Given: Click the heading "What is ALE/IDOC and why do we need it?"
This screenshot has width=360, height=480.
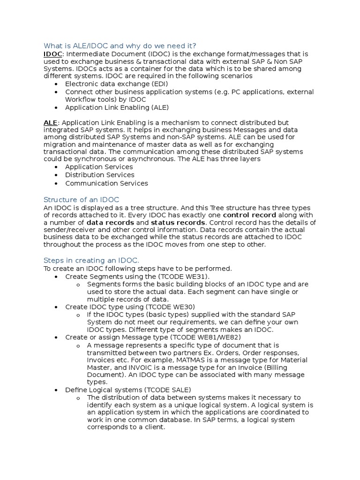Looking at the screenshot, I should click(x=120, y=45).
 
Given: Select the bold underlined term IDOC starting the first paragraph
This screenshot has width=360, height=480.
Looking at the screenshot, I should click(x=52, y=54).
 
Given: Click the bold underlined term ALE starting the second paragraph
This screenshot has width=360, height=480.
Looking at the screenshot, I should click(x=50, y=122).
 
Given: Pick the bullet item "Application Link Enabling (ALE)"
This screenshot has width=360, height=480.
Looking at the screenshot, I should click(x=117, y=107).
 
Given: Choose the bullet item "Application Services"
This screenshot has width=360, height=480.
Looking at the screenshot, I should click(x=99, y=167).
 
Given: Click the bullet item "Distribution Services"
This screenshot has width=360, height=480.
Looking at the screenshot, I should click(x=99, y=175).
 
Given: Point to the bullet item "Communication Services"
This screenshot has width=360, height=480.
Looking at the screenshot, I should click(x=106, y=183).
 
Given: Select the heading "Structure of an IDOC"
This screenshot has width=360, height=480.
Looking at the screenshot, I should click(x=81, y=199).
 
